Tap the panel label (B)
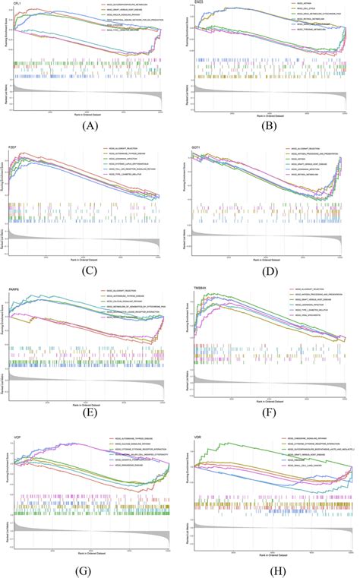pyautogui.click(x=271, y=125)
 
